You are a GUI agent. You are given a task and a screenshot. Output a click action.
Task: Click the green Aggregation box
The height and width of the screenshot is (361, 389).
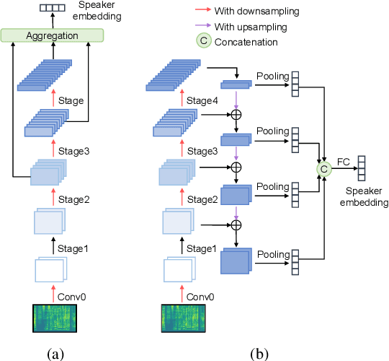click(53, 35)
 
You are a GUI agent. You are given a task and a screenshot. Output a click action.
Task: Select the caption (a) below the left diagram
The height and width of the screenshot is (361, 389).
click(55, 353)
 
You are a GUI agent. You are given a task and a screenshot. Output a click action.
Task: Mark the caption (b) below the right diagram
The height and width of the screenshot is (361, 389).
click(259, 353)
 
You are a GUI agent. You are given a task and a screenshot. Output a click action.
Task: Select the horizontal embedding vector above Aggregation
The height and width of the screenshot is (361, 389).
click(52, 6)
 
